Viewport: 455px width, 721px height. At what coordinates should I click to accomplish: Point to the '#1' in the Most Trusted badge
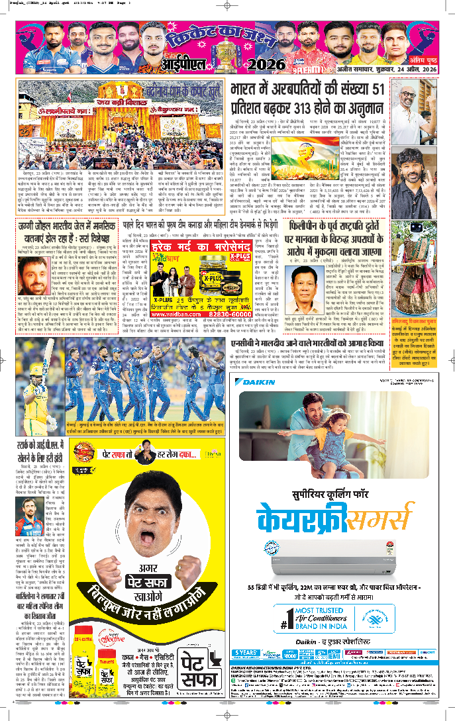click(285, 622)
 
